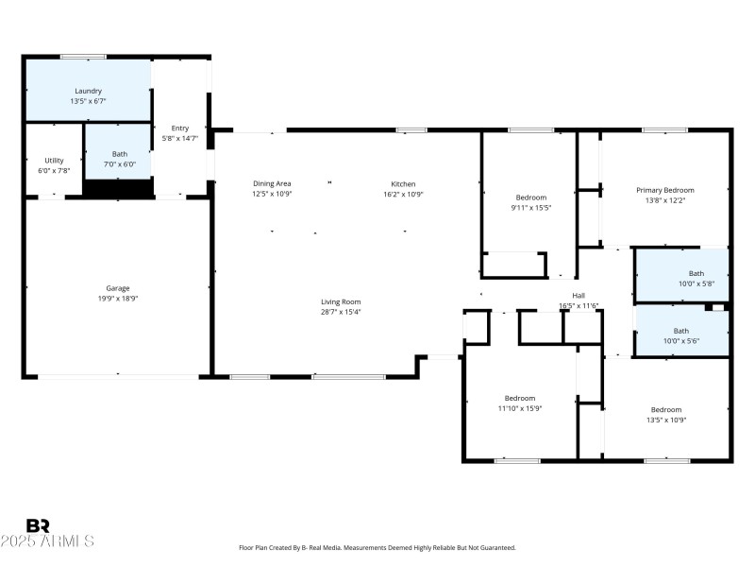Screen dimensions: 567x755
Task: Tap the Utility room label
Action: pyautogui.click(x=54, y=161)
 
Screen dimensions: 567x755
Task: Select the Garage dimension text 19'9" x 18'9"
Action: pyautogui.click(x=118, y=298)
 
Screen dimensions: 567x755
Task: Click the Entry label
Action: pyautogui.click(x=179, y=129)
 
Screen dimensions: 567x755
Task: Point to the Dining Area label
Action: pyautogui.click(x=271, y=183)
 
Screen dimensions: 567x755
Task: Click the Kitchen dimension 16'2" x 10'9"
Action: pyautogui.click(x=403, y=194)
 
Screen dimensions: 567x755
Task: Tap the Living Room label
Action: pyautogui.click(x=341, y=301)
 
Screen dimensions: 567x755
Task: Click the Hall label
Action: pyautogui.click(x=579, y=296)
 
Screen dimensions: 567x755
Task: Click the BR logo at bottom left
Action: pyautogui.click(x=38, y=525)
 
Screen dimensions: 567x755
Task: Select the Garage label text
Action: pyautogui.click(x=118, y=288)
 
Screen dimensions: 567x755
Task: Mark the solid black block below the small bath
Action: pyautogui.click(x=118, y=188)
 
